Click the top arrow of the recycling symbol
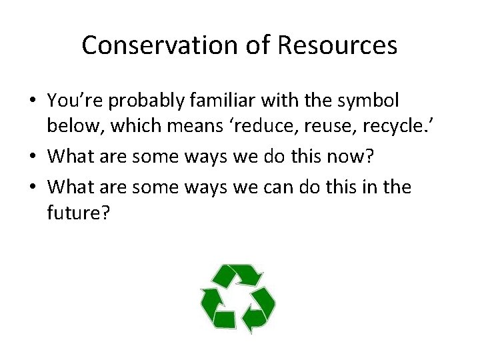pyautogui.click(x=240, y=275)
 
